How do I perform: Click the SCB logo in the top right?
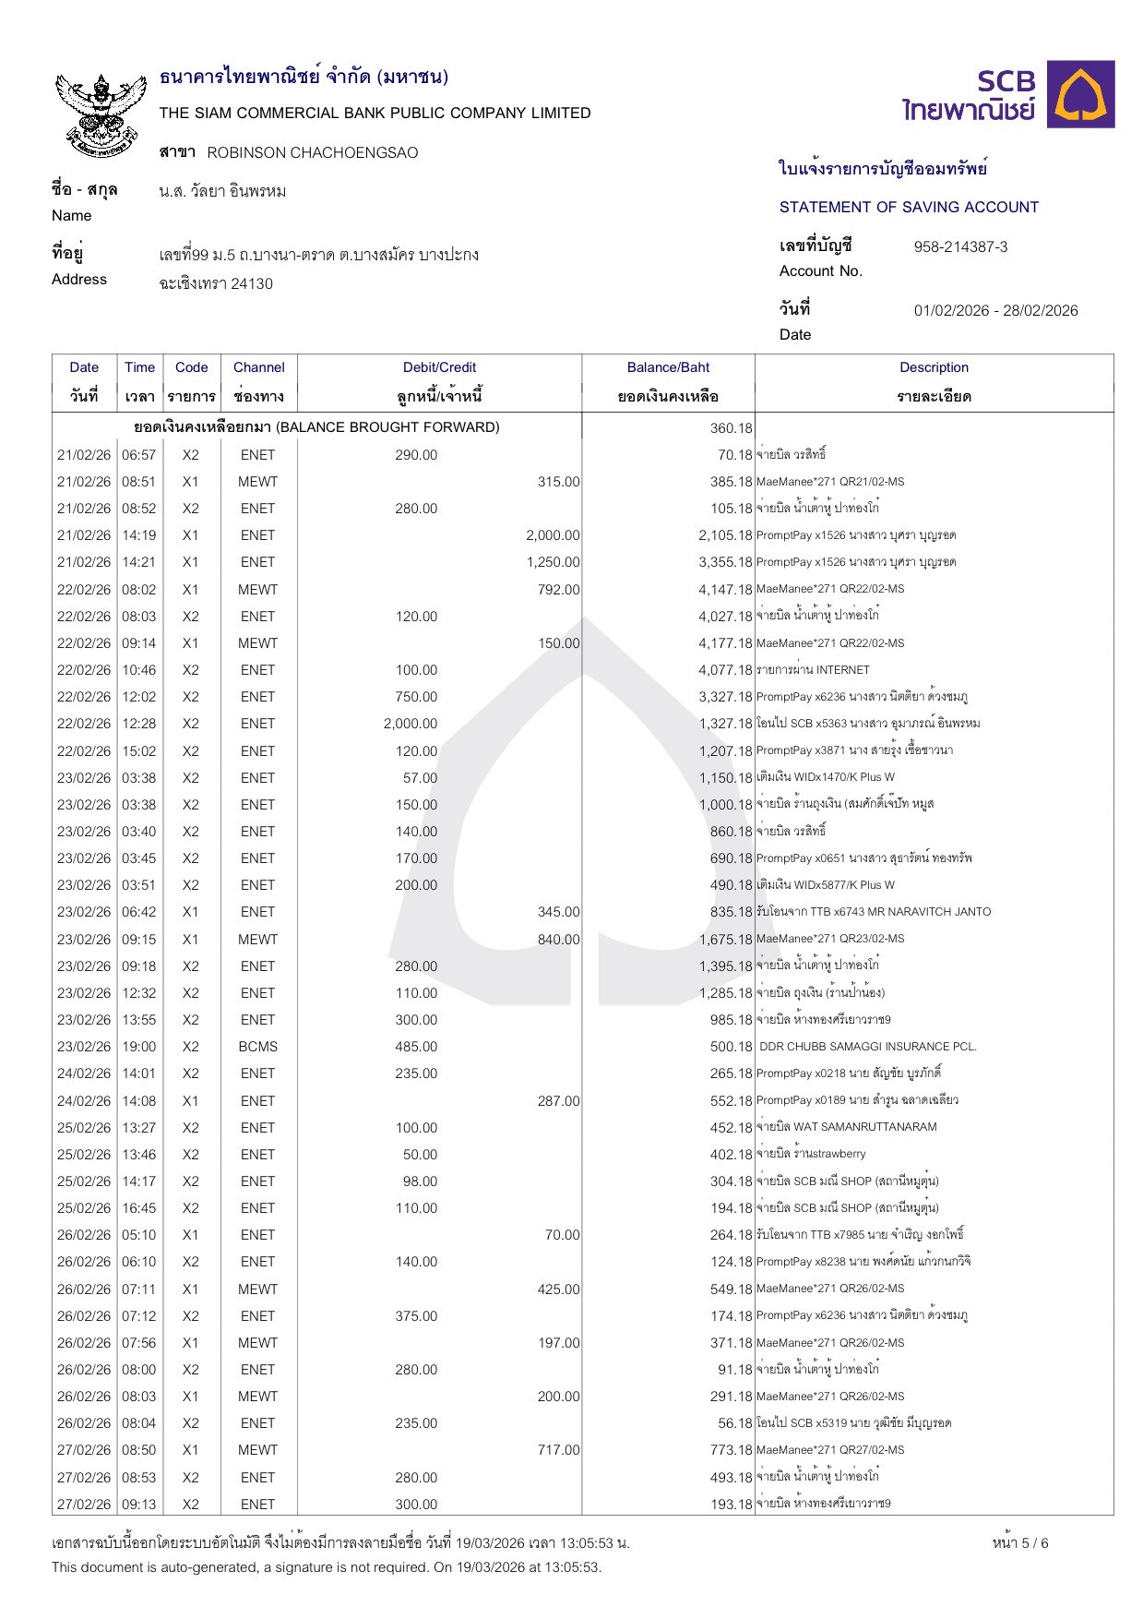1008,95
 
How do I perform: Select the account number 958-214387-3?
960,246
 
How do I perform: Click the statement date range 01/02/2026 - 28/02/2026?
995,310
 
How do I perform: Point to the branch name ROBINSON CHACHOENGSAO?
312,152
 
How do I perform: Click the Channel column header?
258,367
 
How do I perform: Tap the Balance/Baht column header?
668,367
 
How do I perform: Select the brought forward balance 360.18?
731,427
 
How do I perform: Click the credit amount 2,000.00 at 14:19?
553,535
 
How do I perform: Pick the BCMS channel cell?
257,1047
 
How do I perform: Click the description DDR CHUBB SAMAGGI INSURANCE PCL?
867,1047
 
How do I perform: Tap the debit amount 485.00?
416,1047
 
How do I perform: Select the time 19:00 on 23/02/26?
139,1047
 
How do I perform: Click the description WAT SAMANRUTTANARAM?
846,1127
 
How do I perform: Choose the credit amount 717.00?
558,1450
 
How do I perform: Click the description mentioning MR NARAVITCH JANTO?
873,912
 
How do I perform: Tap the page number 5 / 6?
1020,1542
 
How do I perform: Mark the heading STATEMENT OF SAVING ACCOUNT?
909,207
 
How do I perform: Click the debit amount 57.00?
420,778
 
